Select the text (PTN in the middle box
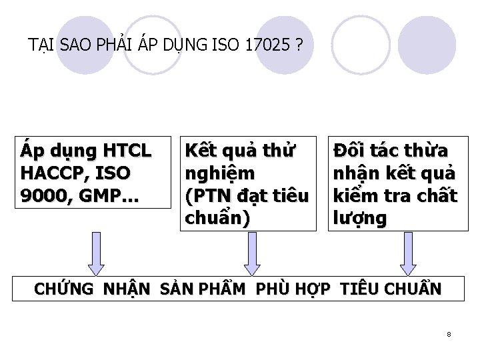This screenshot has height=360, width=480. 207,196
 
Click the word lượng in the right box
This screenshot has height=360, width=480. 359,219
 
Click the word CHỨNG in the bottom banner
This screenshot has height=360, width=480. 64,290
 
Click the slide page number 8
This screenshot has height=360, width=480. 449,334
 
